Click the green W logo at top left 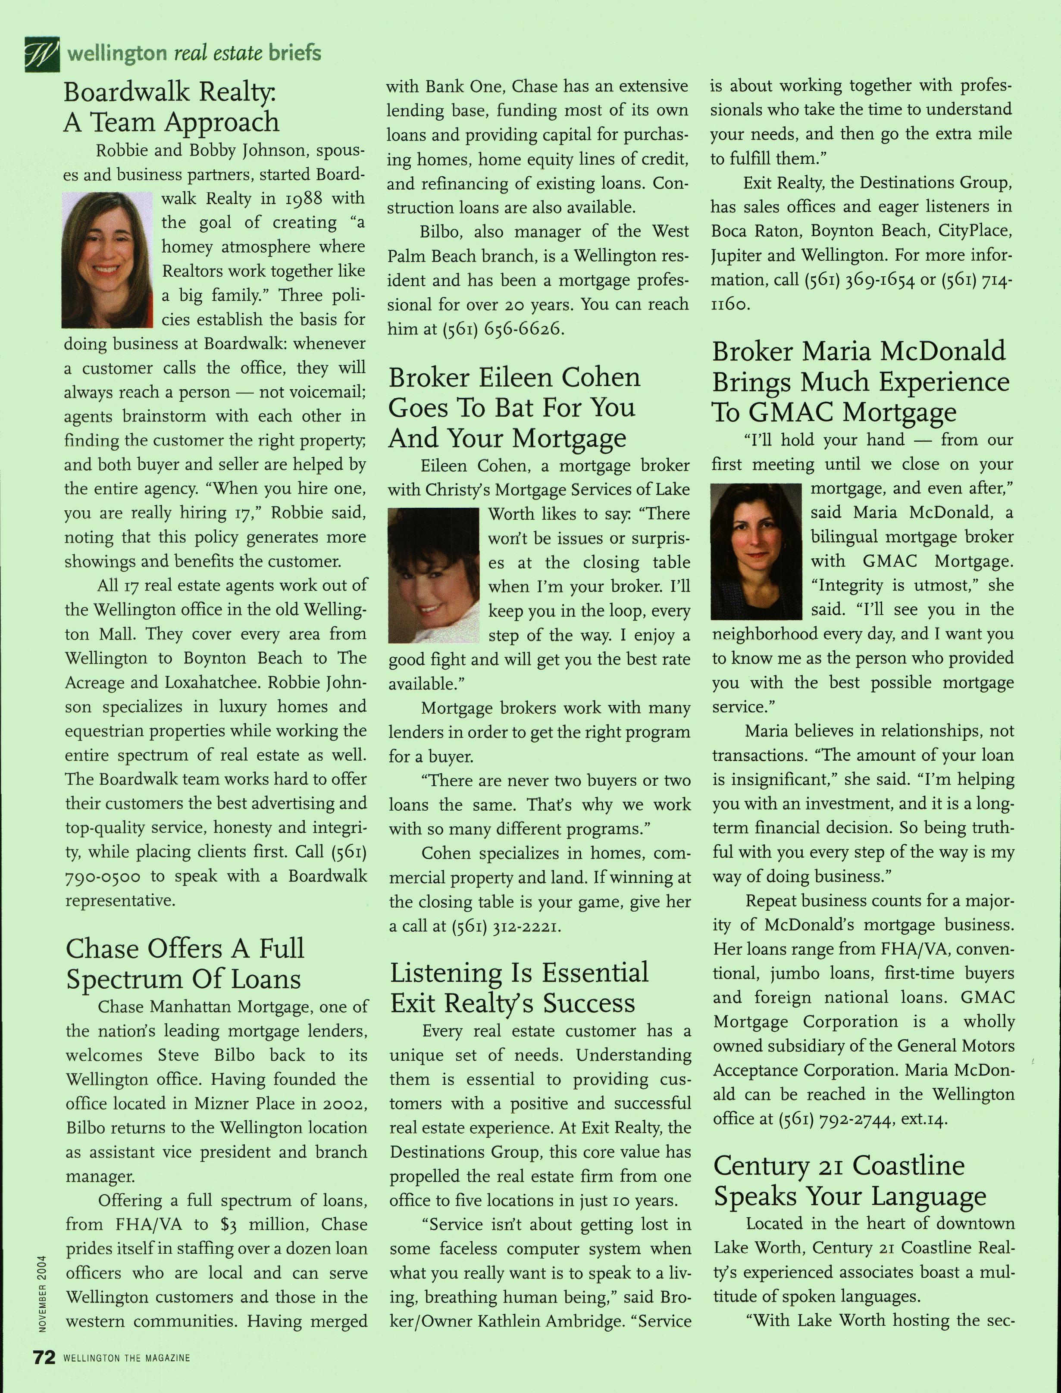point(42,54)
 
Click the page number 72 point(44,1357)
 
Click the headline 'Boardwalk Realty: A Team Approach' point(171,107)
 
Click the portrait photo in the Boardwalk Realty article point(107,260)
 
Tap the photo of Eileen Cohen point(433,575)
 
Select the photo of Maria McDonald point(755,551)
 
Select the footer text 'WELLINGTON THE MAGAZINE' point(126,1358)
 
